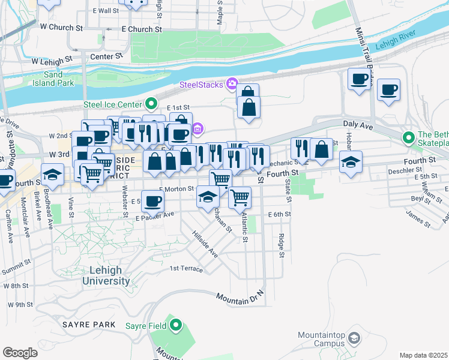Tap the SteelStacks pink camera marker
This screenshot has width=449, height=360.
point(231,83)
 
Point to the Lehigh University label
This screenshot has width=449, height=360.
point(106,275)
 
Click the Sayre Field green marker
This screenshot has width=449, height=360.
point(175,326)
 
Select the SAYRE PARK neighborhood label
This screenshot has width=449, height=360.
point(88,324)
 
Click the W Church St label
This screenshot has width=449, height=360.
point(61,28)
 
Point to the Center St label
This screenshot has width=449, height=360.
point(106,56)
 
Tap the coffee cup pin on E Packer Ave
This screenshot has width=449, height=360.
point(152,200)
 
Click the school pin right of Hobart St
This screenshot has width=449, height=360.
point(351,161)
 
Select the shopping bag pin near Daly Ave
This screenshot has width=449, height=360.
point(322,149)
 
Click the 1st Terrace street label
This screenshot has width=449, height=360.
point(186,269)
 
